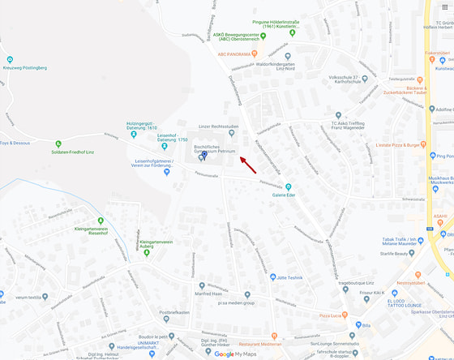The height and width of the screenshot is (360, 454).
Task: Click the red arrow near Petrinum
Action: pos(248,165)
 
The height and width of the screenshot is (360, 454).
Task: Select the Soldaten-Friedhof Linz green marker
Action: pos(58,144)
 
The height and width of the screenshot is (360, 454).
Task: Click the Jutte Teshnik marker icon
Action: pos(272,277)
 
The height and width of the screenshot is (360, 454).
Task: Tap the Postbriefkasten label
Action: pos(174,312)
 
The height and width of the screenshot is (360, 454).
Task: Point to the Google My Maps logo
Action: pos(234,354)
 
